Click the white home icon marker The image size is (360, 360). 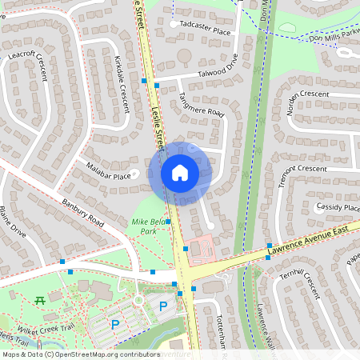[x=179, y=172]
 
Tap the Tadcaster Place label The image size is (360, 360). [x=206, y=31]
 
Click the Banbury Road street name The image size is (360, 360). [x=83, y=209]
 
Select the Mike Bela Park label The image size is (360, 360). [x=145, y=225]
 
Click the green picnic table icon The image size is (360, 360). [x=39, y=300]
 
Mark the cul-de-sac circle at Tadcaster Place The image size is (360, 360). [x=174, y=25]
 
